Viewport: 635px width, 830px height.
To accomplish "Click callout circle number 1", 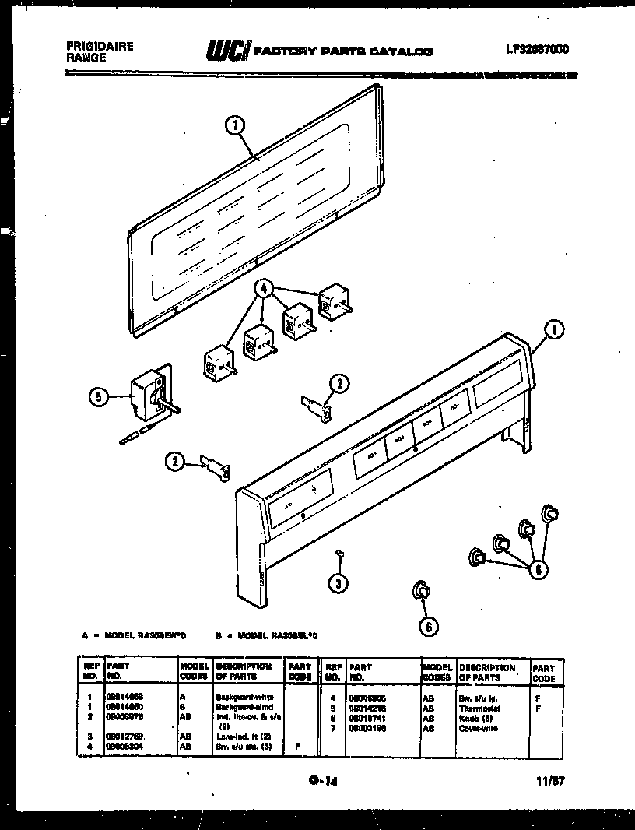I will [554, 330].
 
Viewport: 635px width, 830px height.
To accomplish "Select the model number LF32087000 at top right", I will [537, 48].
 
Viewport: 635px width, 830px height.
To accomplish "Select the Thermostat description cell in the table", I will [480, 709].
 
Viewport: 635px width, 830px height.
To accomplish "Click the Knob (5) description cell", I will [475, 719].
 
